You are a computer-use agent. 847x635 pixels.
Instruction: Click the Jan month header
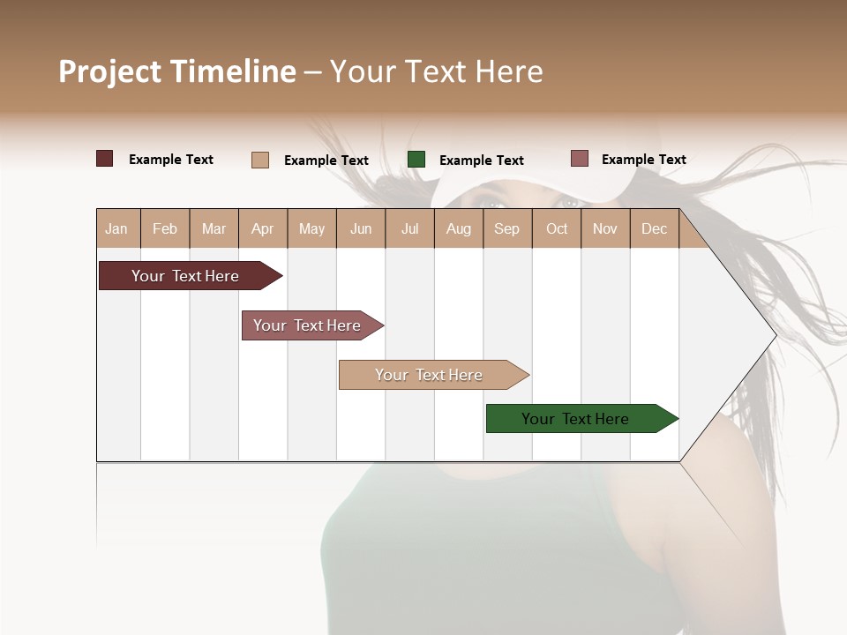(x=117, y=228)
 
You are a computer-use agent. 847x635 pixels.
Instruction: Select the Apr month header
(x=263, y=228)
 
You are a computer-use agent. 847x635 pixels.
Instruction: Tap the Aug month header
(x=459, y=228)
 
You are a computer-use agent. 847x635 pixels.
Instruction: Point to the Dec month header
(x=654, y=228)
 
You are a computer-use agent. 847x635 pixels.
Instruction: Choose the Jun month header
(x=361, y=228)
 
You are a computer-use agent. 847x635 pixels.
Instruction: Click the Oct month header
(x=557, y=228)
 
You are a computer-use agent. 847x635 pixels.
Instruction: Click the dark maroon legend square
(x=105, y=159)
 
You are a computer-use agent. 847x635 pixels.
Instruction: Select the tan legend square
(x=260, y=160)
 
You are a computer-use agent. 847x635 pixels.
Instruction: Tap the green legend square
(x=416, y=160)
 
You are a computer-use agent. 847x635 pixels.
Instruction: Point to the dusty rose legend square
(x=580, y=159)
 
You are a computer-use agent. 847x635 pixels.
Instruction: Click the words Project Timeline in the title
(x=177, y=71)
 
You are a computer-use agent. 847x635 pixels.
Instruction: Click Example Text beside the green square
(x=481, y=161)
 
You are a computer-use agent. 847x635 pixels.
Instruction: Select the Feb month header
(x=165, y=228)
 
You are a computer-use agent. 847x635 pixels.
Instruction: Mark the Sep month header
(x=507, y=228)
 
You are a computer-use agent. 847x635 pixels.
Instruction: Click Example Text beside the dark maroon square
(x=171, y=160)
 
